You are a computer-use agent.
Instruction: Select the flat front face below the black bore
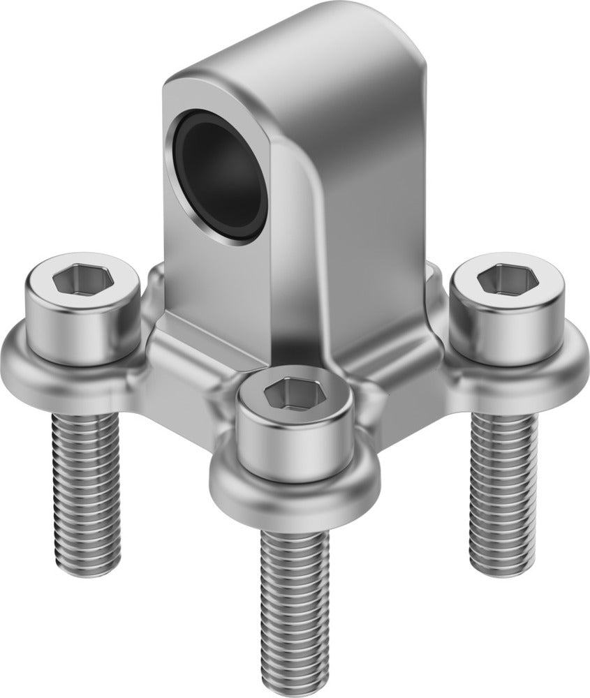(x=209, y=279)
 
